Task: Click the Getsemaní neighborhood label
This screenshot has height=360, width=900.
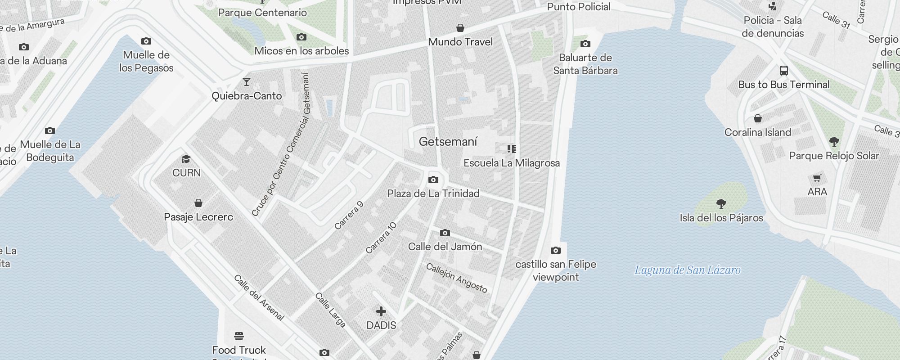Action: (448, 142)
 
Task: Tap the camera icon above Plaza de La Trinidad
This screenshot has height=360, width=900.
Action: (433, 180)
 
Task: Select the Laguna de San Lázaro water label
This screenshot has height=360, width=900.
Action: (687, 270)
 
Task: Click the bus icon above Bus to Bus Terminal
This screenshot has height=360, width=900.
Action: (783, 71)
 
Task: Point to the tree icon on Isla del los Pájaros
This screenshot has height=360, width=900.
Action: (721, 204)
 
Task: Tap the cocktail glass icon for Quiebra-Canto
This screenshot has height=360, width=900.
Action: (247, 82)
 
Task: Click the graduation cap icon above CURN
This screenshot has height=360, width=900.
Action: (186, 159)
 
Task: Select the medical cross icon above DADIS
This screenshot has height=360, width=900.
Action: (381, 311)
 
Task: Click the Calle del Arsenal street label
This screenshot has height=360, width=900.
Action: (259, 297)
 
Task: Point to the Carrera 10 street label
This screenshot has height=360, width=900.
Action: (381, 238)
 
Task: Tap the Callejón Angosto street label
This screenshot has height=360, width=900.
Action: (456, 278)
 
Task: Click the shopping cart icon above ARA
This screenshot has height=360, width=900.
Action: (817, 178)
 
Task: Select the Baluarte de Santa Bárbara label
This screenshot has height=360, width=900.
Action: (585, 64)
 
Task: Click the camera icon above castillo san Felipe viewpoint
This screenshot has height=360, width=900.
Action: (556, 250)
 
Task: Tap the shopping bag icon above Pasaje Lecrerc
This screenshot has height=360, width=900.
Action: (198, 203)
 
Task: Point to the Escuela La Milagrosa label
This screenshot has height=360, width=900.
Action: (512, 163)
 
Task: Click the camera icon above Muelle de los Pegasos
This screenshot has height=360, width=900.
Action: (146, 41)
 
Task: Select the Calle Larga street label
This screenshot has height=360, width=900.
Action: (330, 310)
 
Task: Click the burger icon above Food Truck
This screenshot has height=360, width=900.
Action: (239, 336)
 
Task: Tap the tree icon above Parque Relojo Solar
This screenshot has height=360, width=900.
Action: (834, 142)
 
